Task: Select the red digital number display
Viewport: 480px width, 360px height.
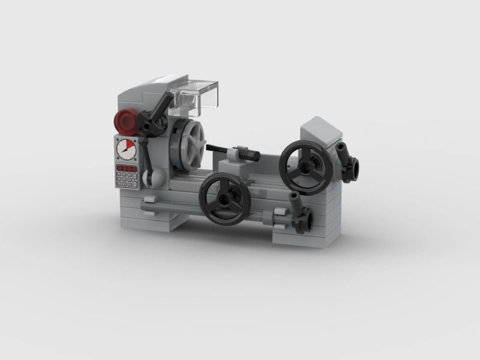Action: pyautogui.click(x=127, y=169)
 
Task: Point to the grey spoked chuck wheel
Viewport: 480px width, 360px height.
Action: pyautogui.click(x=188, y=146)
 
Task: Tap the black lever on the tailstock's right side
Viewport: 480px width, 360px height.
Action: pyautogui.click(x=346, y=159)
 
